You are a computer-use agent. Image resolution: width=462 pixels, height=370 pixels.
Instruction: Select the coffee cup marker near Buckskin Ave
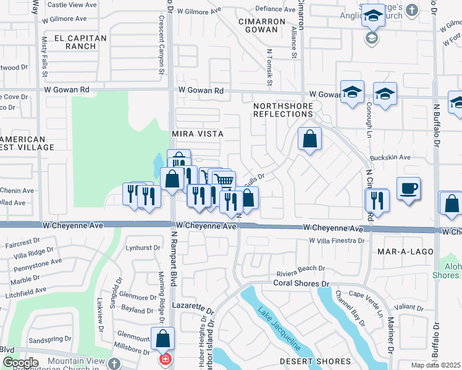[x=408, y=188]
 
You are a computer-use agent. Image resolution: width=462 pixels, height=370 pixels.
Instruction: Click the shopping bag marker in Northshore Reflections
[x=310, y=139]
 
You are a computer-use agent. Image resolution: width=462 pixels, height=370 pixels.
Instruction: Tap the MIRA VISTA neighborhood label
[x=197, y=133]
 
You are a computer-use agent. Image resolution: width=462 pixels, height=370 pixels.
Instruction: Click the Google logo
[x=20, y=363]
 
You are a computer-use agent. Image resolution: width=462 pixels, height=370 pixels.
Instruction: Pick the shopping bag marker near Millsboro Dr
[x=163, y=338]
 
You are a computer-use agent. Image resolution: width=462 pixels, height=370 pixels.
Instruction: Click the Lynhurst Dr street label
[x=138, y=248]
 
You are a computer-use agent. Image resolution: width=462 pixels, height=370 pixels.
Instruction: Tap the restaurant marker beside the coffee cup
[x=376, y=200]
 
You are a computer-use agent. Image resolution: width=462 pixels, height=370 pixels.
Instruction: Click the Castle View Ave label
[x=72, y=5]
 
